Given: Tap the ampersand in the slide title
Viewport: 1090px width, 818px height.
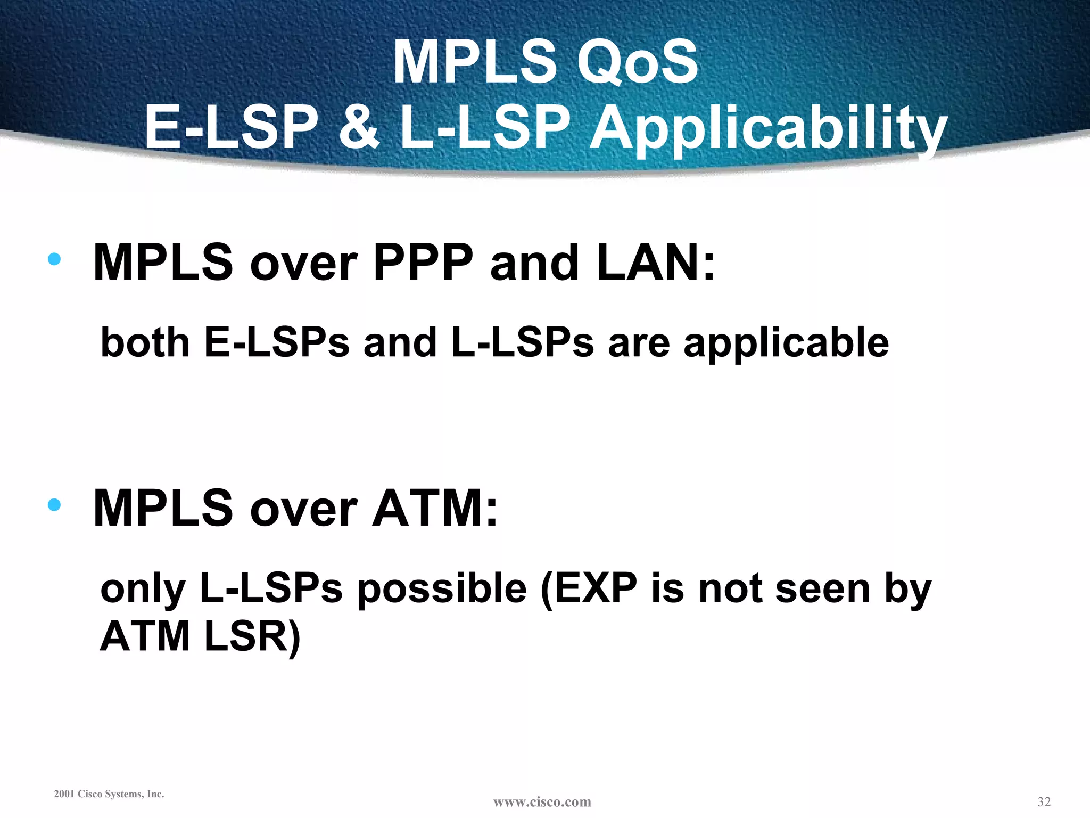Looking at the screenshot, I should click(x=359, y=128).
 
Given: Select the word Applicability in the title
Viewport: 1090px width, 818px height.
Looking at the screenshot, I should click(x=768, y=129).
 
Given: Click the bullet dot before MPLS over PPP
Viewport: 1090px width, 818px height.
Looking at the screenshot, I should click(x=54, y=259).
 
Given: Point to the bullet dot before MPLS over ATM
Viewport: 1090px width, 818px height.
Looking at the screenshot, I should click(x=54, y=504).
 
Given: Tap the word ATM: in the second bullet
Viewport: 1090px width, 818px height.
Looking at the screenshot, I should click(x=435, y=508).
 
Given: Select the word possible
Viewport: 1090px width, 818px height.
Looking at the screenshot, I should click(x=442, y=590).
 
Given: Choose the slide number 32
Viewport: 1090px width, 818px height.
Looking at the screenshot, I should click(x=1044, y=801).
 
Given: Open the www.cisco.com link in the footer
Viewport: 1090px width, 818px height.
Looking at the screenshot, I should click(x=542, y=802).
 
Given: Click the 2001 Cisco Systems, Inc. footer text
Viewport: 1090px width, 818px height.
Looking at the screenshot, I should click(x=109, y=794).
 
